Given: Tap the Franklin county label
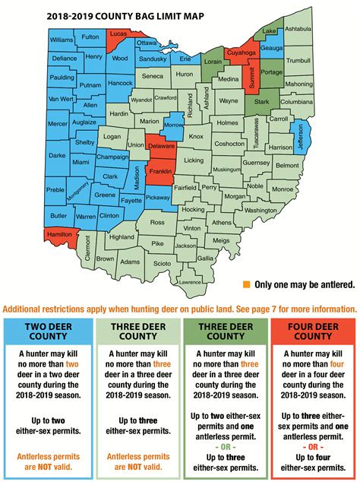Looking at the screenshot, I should [160, 172].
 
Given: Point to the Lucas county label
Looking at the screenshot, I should [118, 35].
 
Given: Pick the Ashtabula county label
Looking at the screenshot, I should [297, 29].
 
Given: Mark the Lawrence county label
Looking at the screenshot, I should [190, 282].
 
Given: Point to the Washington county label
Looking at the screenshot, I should [261, 211].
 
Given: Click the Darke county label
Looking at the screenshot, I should [57, 154].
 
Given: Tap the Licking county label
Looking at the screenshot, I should [194, 160].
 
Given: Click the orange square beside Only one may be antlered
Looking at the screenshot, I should [247, 284].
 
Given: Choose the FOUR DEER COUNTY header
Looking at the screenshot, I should [314, 331].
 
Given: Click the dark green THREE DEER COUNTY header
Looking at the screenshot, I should [225, 331].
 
